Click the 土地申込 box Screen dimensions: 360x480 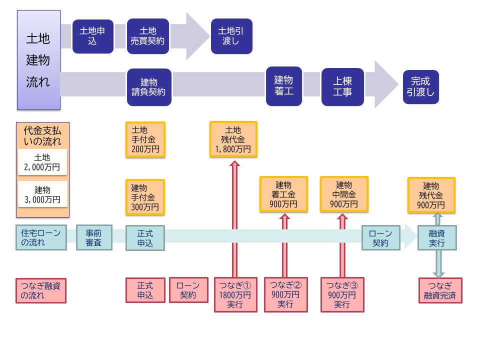tap(93, 36)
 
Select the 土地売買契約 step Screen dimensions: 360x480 tap(148, 36)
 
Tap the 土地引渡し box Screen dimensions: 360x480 tap(231, 36)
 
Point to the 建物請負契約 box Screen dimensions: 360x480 tap(149, 87)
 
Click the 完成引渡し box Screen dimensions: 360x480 tap(420, 86)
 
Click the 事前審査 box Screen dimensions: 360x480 tap(94, 237)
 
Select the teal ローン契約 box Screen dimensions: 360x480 tap(381, 237)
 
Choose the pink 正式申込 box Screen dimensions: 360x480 tap(145, 290)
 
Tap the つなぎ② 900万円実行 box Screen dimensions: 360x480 tap(285, 294)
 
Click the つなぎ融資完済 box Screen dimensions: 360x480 tap(440, 290)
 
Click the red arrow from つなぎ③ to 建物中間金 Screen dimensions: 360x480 tap(342, 245)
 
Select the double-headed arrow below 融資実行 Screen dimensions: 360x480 tap(438, 263)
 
